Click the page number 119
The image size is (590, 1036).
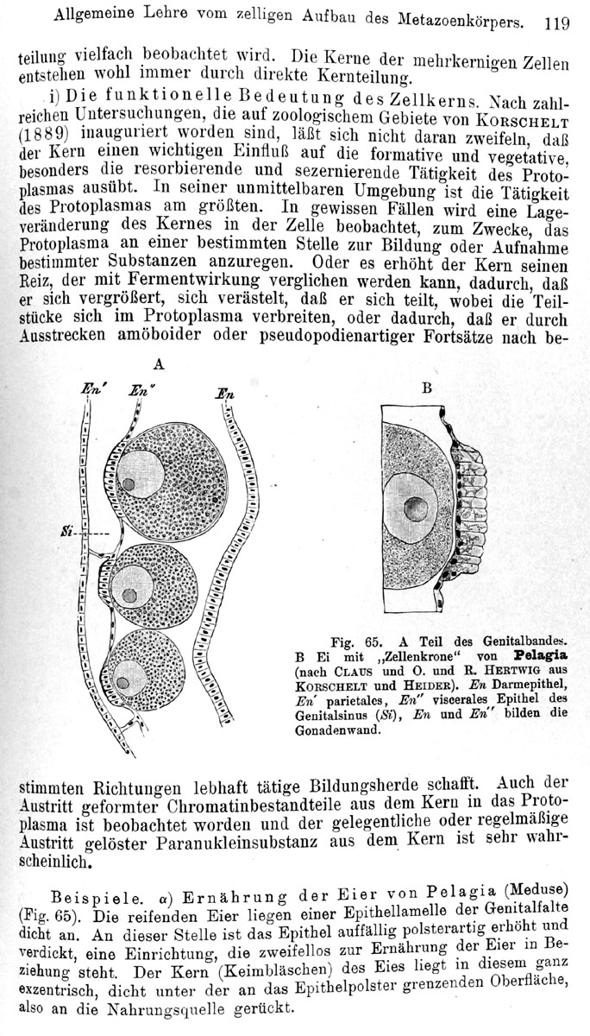coord(556,22)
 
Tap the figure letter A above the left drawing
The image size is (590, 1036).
coord(157,364)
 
